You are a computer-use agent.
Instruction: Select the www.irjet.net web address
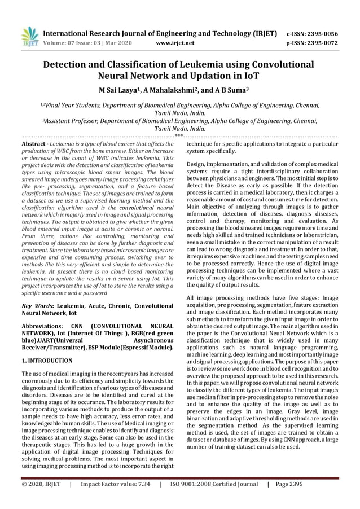178,42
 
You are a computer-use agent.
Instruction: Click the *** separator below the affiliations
178,136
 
